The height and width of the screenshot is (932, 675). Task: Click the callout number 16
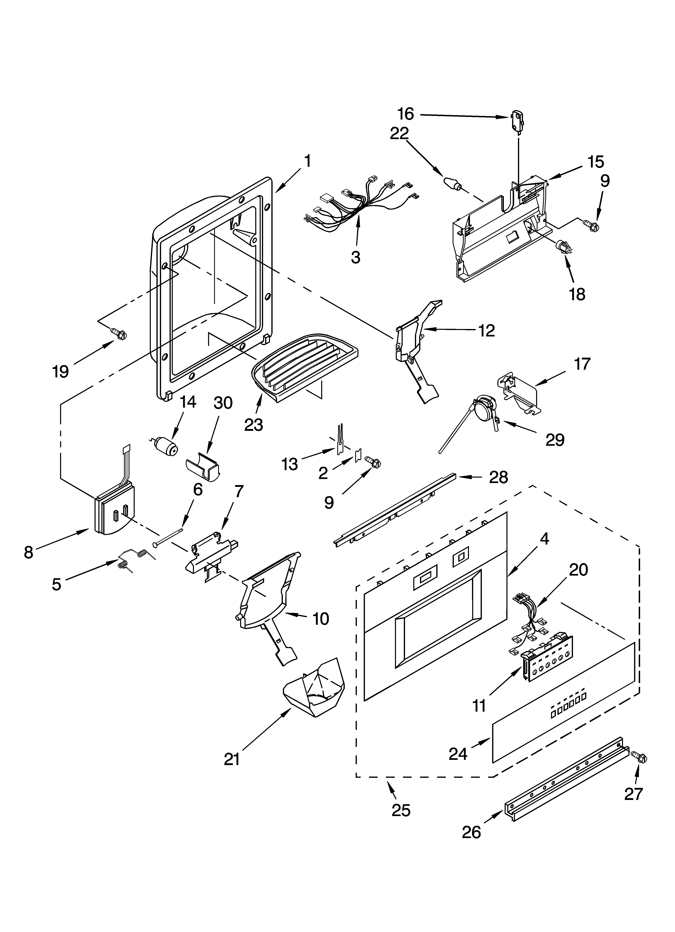(x=406, y=114)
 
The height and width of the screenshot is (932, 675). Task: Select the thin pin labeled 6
(x=168, y=537)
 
